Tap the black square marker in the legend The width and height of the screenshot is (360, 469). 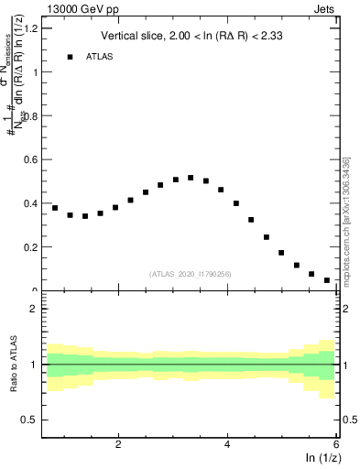pyautogui.click(x=70, y=57)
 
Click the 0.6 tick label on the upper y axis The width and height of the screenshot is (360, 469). pyautogui.click(x=29, y=160)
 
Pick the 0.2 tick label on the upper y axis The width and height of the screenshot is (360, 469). pyautogui.click(x=29, y=247)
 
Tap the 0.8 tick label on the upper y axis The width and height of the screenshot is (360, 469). pyautogui.click(x=29, y=116)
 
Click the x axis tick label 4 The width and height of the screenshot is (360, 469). pyautogui.click(x=227, y=445)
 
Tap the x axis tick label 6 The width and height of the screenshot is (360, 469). pyautogui.click(x=336, y=445)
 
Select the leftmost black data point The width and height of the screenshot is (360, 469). pyautogui.click(x=55, y=208)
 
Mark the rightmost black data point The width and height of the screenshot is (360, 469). pyautogui.click(x=327, y=280)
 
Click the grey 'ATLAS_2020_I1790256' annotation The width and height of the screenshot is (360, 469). pyautogui.click(x=191, y=274)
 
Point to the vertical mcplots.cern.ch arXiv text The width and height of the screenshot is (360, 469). pyautogui.click(x=348, y=220)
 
